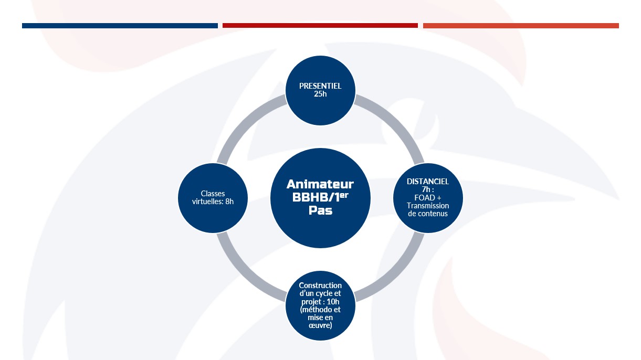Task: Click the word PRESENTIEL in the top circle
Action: [x=320, y=86]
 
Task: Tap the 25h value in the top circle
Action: [x=320, y=94]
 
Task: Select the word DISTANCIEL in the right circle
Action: [x=428, y=181]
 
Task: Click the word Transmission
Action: [x=428, y=206]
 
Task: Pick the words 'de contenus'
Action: [x=428, y=214]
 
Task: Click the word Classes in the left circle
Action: [x=213, y=194]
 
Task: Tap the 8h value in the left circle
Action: [x=229, y=202]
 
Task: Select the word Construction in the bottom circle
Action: [x=320, y=285]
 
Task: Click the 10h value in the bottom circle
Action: [x=333, y=302]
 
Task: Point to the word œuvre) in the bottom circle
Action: [x=320, y=325]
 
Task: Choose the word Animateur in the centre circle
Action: [x=320, y=184]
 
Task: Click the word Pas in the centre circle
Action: [x=320, y=210]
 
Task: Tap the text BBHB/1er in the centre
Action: [x=320, y=197]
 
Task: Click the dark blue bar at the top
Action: [x=120, y=26]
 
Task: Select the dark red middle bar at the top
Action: [x=320, y=25]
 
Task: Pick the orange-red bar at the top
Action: [x=521, y=26]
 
